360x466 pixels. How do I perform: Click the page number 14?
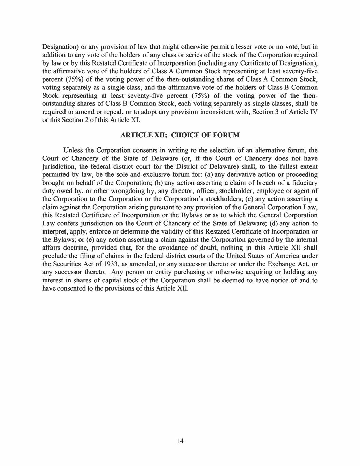(180, 441)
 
